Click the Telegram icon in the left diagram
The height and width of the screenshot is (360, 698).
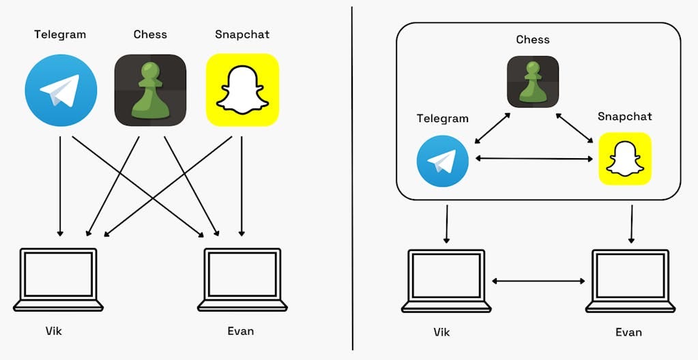pos(61,91)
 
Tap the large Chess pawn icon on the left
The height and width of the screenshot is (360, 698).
pos(150,91)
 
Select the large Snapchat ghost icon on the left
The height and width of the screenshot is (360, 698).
pos(242,91)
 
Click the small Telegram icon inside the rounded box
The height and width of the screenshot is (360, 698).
pos(442,161)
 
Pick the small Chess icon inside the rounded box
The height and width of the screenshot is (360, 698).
pos(532,81)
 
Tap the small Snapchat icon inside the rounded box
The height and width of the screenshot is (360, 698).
pos(624,159)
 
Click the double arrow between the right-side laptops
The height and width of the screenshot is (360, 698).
pos(538,280)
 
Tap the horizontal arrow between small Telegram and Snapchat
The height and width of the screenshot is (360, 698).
pos(534,159)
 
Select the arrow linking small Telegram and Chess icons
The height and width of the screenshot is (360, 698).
pos(491,128)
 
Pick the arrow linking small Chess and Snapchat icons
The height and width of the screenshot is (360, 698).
pos(574,128)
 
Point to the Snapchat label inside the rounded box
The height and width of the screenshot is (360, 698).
pos(624,117)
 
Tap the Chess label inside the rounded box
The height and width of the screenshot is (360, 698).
pos(532,40)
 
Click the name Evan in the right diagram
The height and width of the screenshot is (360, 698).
pos(628,332)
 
